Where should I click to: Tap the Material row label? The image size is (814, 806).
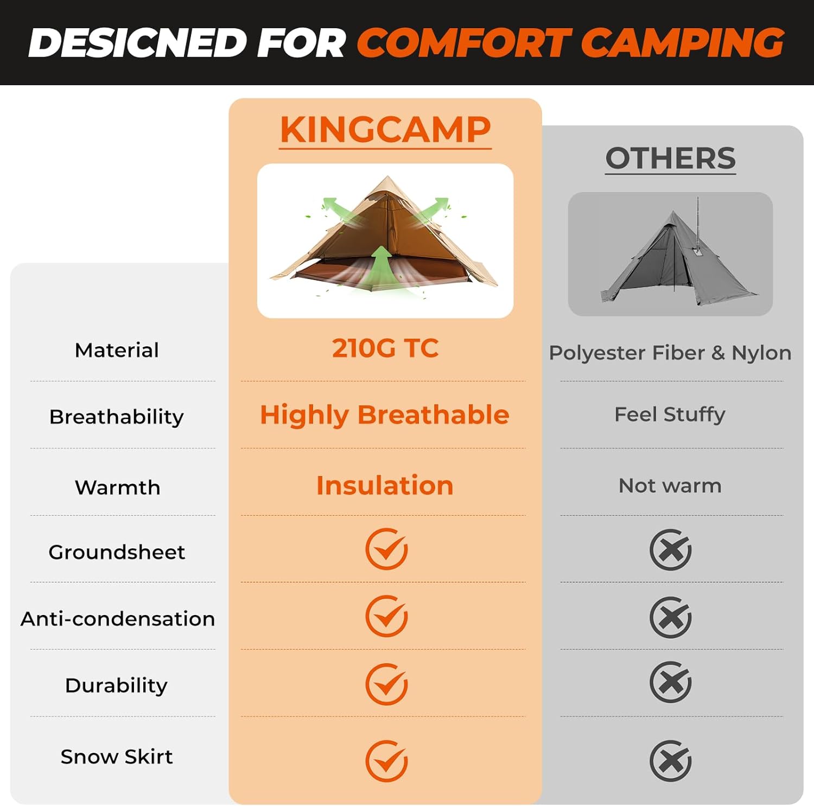coord(117,350)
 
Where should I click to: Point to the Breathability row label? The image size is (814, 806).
coord(116,417)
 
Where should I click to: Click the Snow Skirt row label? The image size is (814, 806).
coord(116,756)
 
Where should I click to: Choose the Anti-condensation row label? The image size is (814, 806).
coord(117,619)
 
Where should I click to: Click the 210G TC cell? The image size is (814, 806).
coord(385,348)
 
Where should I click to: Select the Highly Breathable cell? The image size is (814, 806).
coord(384,415)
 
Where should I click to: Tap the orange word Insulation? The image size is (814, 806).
coord(384,485)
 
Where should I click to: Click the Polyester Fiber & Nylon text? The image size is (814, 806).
coord(670,353)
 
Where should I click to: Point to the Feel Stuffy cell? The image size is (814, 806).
coord(670,414)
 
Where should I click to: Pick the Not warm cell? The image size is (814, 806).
coord(670,485)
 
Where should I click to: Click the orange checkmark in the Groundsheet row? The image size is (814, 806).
coord(386,549)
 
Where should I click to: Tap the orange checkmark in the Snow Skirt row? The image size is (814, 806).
coord(386,760)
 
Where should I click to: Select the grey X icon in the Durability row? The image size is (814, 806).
coord(670,682)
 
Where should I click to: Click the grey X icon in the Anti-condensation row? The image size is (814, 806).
coord(670,617)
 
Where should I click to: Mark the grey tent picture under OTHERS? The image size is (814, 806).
coord(670,254)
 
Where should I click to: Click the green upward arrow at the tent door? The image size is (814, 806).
coord(382,266)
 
